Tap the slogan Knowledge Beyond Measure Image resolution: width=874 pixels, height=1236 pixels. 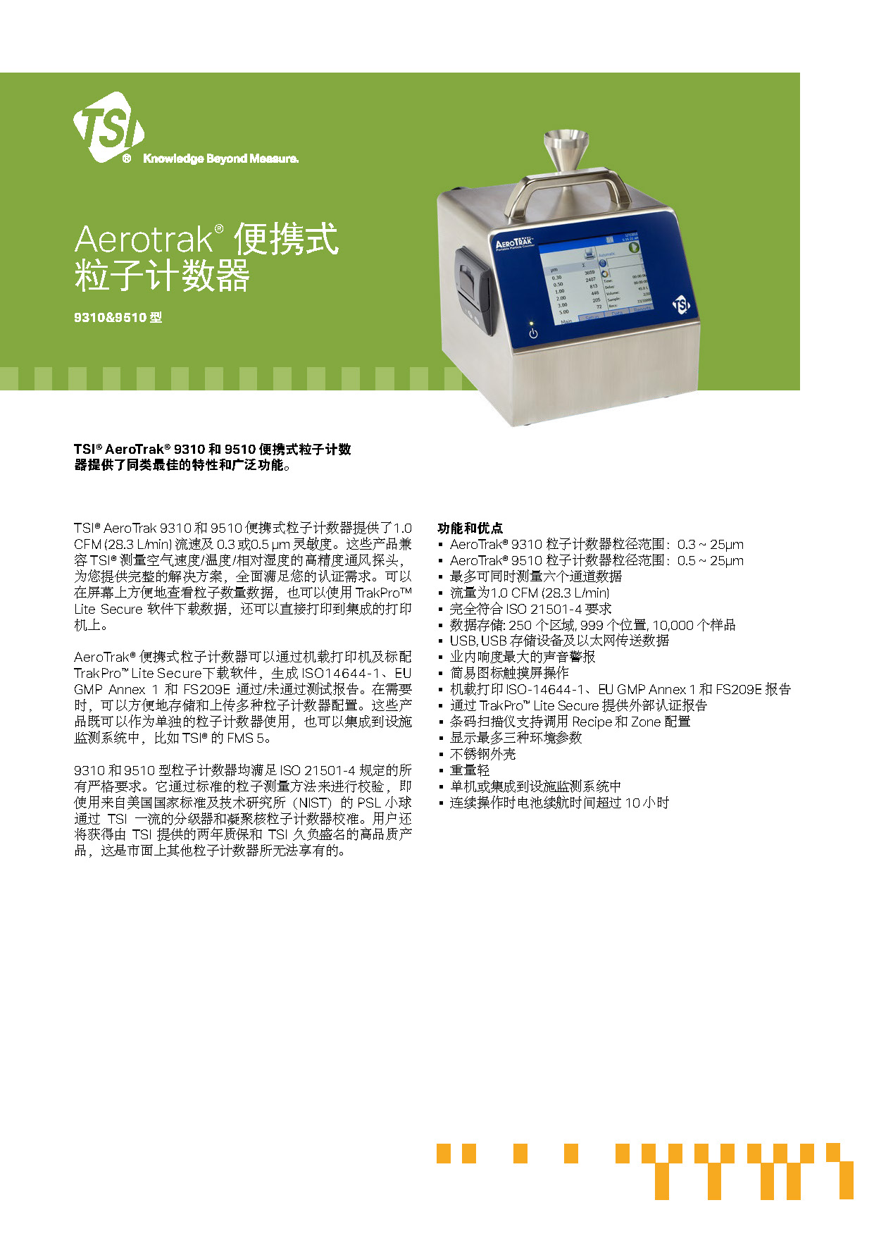click(220, 159)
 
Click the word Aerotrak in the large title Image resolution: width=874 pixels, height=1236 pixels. click(144, 240)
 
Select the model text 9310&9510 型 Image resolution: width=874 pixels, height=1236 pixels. click(118, 318)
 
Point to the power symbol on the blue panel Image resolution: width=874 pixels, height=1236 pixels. click(533, 333)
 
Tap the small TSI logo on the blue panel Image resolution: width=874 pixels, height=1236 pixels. click(681, 304)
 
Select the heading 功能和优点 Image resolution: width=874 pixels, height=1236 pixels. click(470, 528)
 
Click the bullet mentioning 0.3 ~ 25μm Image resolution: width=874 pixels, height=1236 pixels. click(596, 544)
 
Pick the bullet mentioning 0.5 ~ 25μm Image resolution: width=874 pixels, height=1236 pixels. click(596, 560)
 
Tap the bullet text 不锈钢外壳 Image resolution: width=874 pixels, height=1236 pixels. click(482, 754)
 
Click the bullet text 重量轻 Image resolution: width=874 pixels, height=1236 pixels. click(469, 770)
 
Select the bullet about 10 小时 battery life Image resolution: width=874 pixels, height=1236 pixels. click(559, 803)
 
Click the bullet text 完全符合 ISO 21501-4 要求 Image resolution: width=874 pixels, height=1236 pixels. click(530, 609)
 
